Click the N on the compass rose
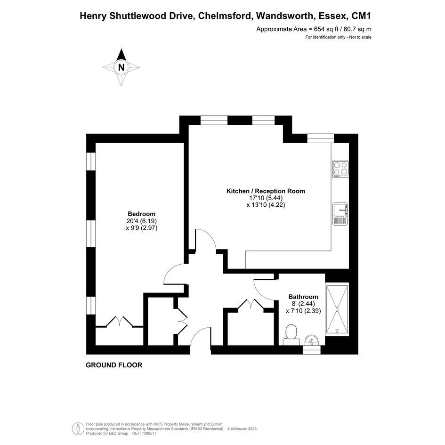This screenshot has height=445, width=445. (x=121, y=67)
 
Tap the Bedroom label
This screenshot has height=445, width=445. (x=141, y=214)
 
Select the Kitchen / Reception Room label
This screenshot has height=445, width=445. (x=266, y=191)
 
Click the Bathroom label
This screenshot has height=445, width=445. (x=303, y=297)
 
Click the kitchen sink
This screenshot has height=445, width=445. (x=340, y=214)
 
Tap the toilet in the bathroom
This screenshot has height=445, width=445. (x=291, y=335)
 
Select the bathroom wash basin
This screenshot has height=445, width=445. (x=312, y=340)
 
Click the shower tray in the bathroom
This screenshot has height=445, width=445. (x=337, y=310)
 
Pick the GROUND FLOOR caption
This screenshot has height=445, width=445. (x=114, y=365)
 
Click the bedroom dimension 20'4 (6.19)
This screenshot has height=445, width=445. (x=142, y=221)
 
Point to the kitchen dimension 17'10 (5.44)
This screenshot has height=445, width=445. (x=266, y=198)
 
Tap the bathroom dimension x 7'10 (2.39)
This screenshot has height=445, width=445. (x=303, y=311)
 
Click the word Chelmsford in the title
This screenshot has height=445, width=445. (x=225, y=16)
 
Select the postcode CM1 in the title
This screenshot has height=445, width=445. (x=361, y=16)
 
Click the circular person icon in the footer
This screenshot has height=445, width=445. (x=78, y=429)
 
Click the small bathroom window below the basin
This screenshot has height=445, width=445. (x=312, y=350)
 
